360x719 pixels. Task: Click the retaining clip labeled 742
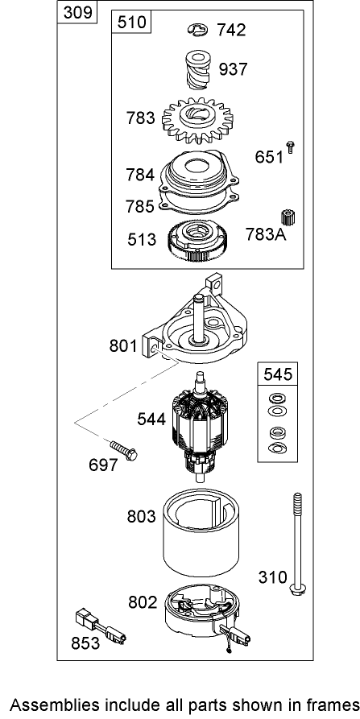click(x=197, y=30)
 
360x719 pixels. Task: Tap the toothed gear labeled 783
click(x=197, y=120)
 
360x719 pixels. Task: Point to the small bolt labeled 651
click(x=290, y=147)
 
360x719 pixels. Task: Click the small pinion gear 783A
click(x=288, y=217)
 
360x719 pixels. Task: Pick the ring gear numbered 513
click(x=197, y=240)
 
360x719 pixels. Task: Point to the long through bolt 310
click(x=297, y=543)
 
